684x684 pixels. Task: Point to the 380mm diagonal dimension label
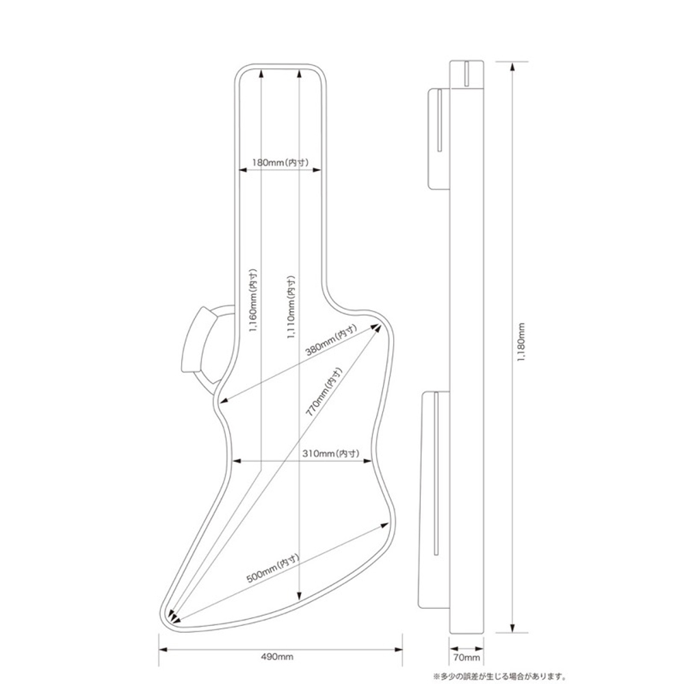(x=332, y=343)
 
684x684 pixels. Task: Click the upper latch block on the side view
(x=438, y=137)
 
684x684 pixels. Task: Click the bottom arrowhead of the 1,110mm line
(x=300, y=594)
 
